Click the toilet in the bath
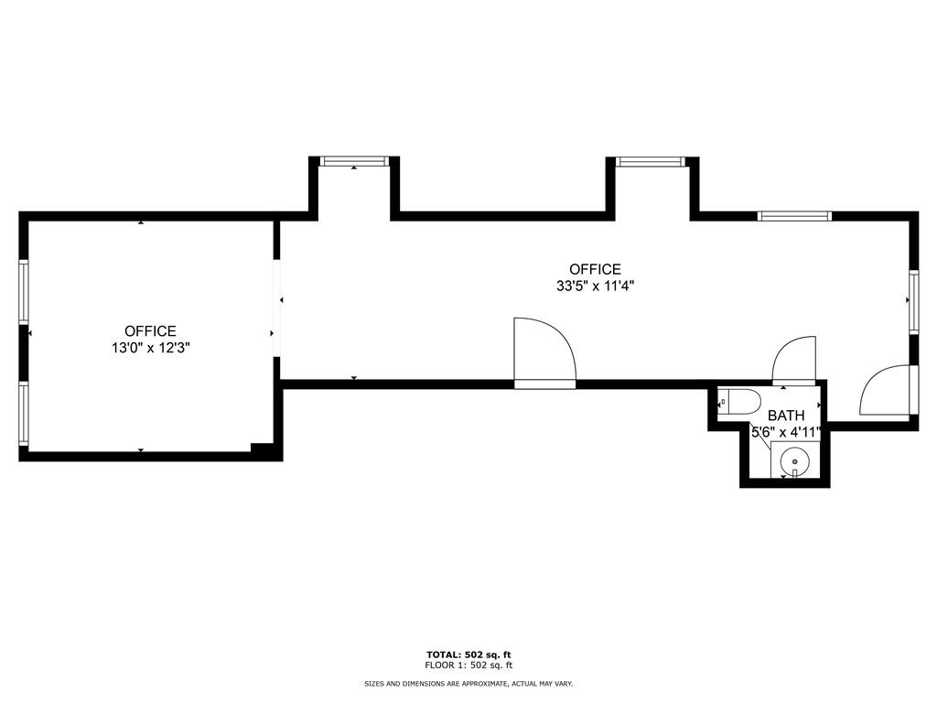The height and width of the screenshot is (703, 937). pos(741,402)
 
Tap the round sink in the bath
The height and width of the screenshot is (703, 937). pos(793,460)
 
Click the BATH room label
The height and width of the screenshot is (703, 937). pos(786,416)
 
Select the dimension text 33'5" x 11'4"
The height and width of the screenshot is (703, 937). pos(595,286)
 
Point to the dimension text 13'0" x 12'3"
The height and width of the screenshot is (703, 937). pos(150,348)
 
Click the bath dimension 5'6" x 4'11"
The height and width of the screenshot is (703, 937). pos(786,432)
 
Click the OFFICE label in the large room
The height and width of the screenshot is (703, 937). pos(595,269)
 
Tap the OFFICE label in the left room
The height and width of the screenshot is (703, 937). pos(150,330)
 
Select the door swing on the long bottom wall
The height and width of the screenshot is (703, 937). pos(544,351)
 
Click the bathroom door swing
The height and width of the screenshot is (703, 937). pos(793,360)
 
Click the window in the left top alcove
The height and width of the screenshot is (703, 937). pos(354,161)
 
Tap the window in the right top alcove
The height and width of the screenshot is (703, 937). pos(650,162)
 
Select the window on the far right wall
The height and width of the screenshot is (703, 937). pos(912,301)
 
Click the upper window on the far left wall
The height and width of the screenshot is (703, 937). pos(24,291)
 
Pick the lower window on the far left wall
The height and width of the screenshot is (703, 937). pos(24,413)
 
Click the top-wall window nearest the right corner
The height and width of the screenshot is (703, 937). pos(794,216)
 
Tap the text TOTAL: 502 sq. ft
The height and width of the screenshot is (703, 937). pos(468,654)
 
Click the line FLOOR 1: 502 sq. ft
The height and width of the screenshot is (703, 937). pos(468,665)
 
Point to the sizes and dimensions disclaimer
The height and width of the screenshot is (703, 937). pos(468,684)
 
